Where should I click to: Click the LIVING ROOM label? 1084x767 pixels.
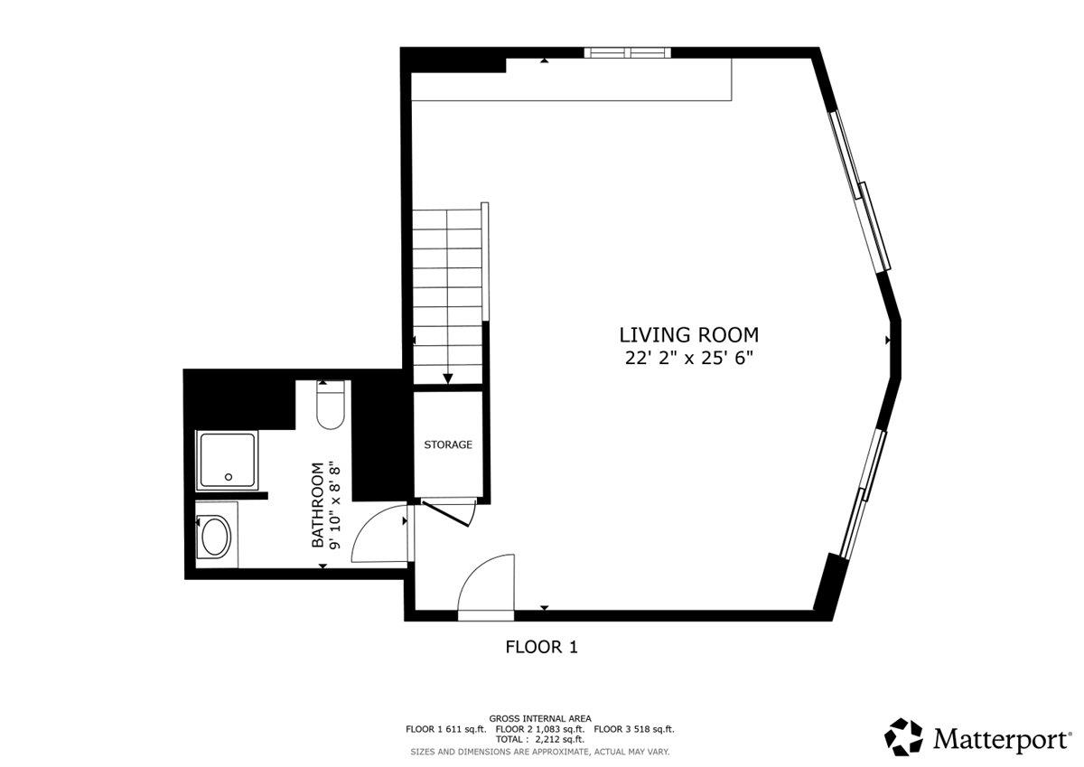pyautogui.click(x=688, y=335)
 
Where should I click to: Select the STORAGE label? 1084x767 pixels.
pyautogui.click(x=448, y=444)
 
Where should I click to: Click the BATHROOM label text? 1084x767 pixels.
pyautogui.click(x=318, y=506)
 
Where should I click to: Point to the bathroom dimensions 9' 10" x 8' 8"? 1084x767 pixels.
pyautogui.click(x=335, y=506)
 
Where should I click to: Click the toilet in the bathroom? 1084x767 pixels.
pyautogui.click(x=330, y=406)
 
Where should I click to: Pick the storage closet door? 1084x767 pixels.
pyautogui.click(x=449, y=512)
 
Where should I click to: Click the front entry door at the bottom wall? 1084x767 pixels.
pyautogui.click(x=486, y=587)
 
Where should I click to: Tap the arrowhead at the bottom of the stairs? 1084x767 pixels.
pyautogui.click(x=447, y=379)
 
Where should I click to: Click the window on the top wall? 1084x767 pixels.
pyautogui.click(x=629, y=52)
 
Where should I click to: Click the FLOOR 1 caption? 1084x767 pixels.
pyautogui.click(x=540, y=647)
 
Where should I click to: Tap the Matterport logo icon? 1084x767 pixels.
pyautogui.click(x=903, y=737)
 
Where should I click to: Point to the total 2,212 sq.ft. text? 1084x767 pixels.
pyautogui.click(x=540, y=739)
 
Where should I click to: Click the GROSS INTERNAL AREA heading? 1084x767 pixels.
pyautogui.click(x=540, y=718)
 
